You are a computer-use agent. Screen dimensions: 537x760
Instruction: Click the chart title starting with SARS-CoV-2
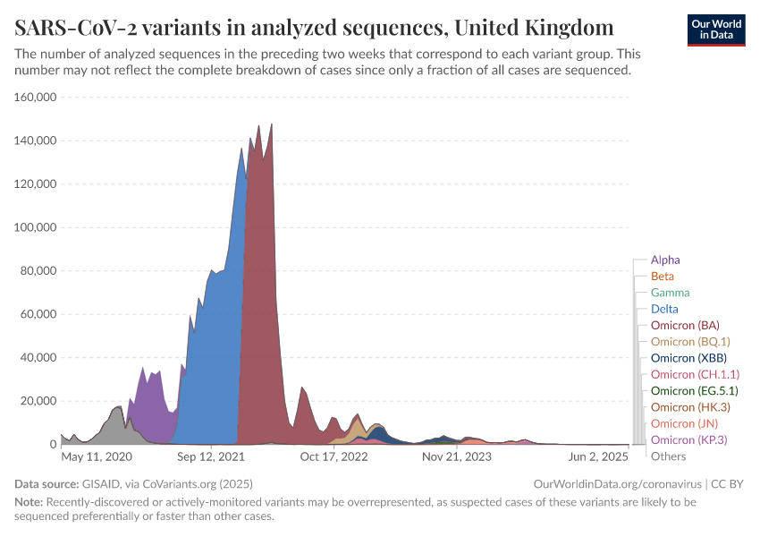[x=314, y=26]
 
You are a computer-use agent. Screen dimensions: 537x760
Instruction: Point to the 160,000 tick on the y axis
[x=37, y=98]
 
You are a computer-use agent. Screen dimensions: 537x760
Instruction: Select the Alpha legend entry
[x=665, y=260]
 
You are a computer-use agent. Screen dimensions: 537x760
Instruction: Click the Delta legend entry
[x=664, y=309]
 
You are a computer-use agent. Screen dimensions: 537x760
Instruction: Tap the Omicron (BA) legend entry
[x=685, y=325]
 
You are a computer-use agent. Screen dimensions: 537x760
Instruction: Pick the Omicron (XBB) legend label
[x=688, y=358]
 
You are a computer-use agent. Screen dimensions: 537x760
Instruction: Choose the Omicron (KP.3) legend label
[x=688, y=439]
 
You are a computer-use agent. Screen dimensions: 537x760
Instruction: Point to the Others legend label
[x=669, y=456]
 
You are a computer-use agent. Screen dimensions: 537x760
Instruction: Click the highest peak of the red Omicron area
[x=271, y=124]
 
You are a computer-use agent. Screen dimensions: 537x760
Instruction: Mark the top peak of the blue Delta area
[x=241, y=148]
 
